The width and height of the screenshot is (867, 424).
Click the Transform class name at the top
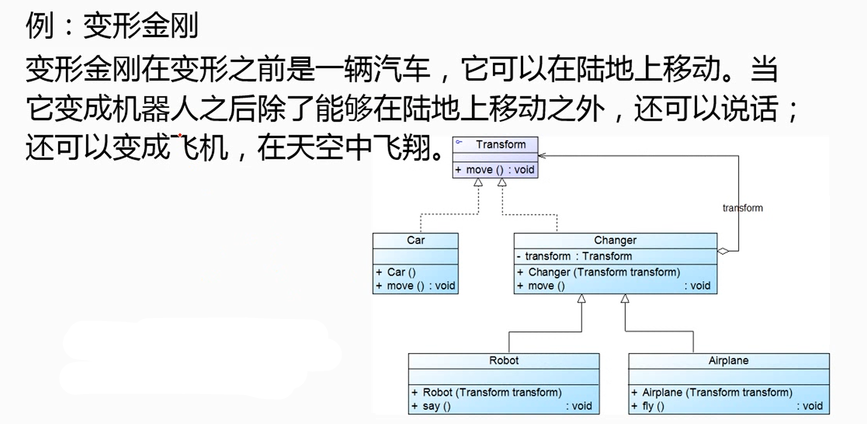coord(501,144)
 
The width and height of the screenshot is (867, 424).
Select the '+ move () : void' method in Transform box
coord(495,170)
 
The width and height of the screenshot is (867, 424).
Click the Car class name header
coord(416,240)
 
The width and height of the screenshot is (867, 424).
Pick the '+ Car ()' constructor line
coord(395,272)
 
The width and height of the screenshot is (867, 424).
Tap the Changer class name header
coord(615,240)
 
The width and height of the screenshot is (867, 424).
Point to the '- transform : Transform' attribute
coord(575,256)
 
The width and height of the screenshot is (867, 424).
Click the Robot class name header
coord(504,360)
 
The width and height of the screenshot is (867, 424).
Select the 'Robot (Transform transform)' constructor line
coord(487,392)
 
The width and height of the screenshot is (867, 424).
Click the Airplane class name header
coord(728,360)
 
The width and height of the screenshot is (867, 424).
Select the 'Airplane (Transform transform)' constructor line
coord(712,392)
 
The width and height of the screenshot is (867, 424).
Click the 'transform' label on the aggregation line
coord(742,208)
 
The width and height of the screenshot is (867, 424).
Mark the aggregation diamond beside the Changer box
coord(723,251)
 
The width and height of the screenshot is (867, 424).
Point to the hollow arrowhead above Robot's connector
coord(581,299)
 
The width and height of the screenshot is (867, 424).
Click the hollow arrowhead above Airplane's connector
coord(625,299)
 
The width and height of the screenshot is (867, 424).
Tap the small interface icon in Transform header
coord(459,142)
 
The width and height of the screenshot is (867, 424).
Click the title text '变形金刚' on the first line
coord(141,25)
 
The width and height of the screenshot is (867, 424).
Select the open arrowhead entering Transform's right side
coord(542,156)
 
